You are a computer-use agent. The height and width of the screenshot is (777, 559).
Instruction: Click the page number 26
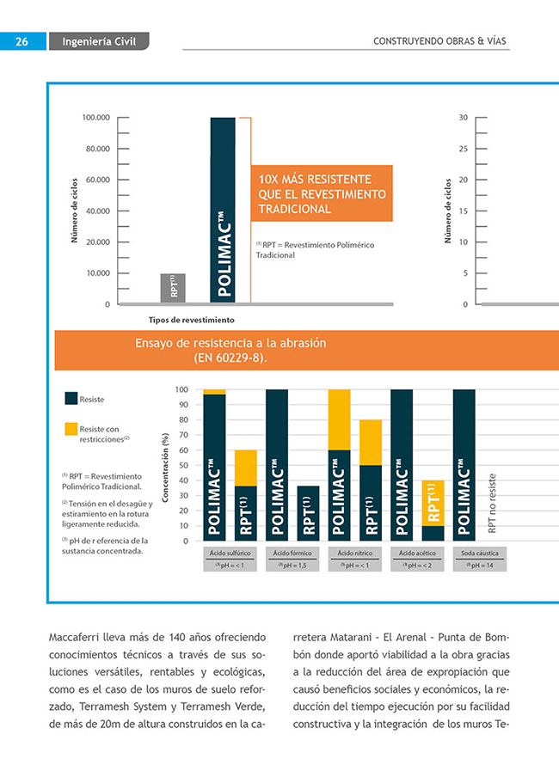(x=22, y=40)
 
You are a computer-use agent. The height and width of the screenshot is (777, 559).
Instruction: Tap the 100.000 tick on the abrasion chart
(x=96, y=118)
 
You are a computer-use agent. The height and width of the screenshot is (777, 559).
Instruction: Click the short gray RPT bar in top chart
(x=173, y=288)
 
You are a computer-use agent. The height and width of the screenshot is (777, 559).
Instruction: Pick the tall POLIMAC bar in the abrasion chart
(x=223, y=211)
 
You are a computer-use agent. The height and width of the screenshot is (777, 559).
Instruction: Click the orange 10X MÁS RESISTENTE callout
(x=322, y=193)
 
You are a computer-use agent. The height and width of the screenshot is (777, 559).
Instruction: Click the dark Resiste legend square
(x=71, y=399)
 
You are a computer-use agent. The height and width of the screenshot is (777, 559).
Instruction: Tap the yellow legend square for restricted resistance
(x=71, y=429)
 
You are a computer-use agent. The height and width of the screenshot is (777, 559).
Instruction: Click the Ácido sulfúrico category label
(x=226, y=552)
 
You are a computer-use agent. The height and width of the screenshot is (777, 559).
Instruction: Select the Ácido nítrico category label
(x=353, y=552)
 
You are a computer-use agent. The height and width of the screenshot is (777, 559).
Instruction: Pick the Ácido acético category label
(x=416, y=552)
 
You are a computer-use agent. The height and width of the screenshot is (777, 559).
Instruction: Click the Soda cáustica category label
(x=479, y=552)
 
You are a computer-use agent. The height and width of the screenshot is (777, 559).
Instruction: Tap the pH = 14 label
(x=479, y=565)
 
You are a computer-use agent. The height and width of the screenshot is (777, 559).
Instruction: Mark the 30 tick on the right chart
(x=463, y=118)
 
